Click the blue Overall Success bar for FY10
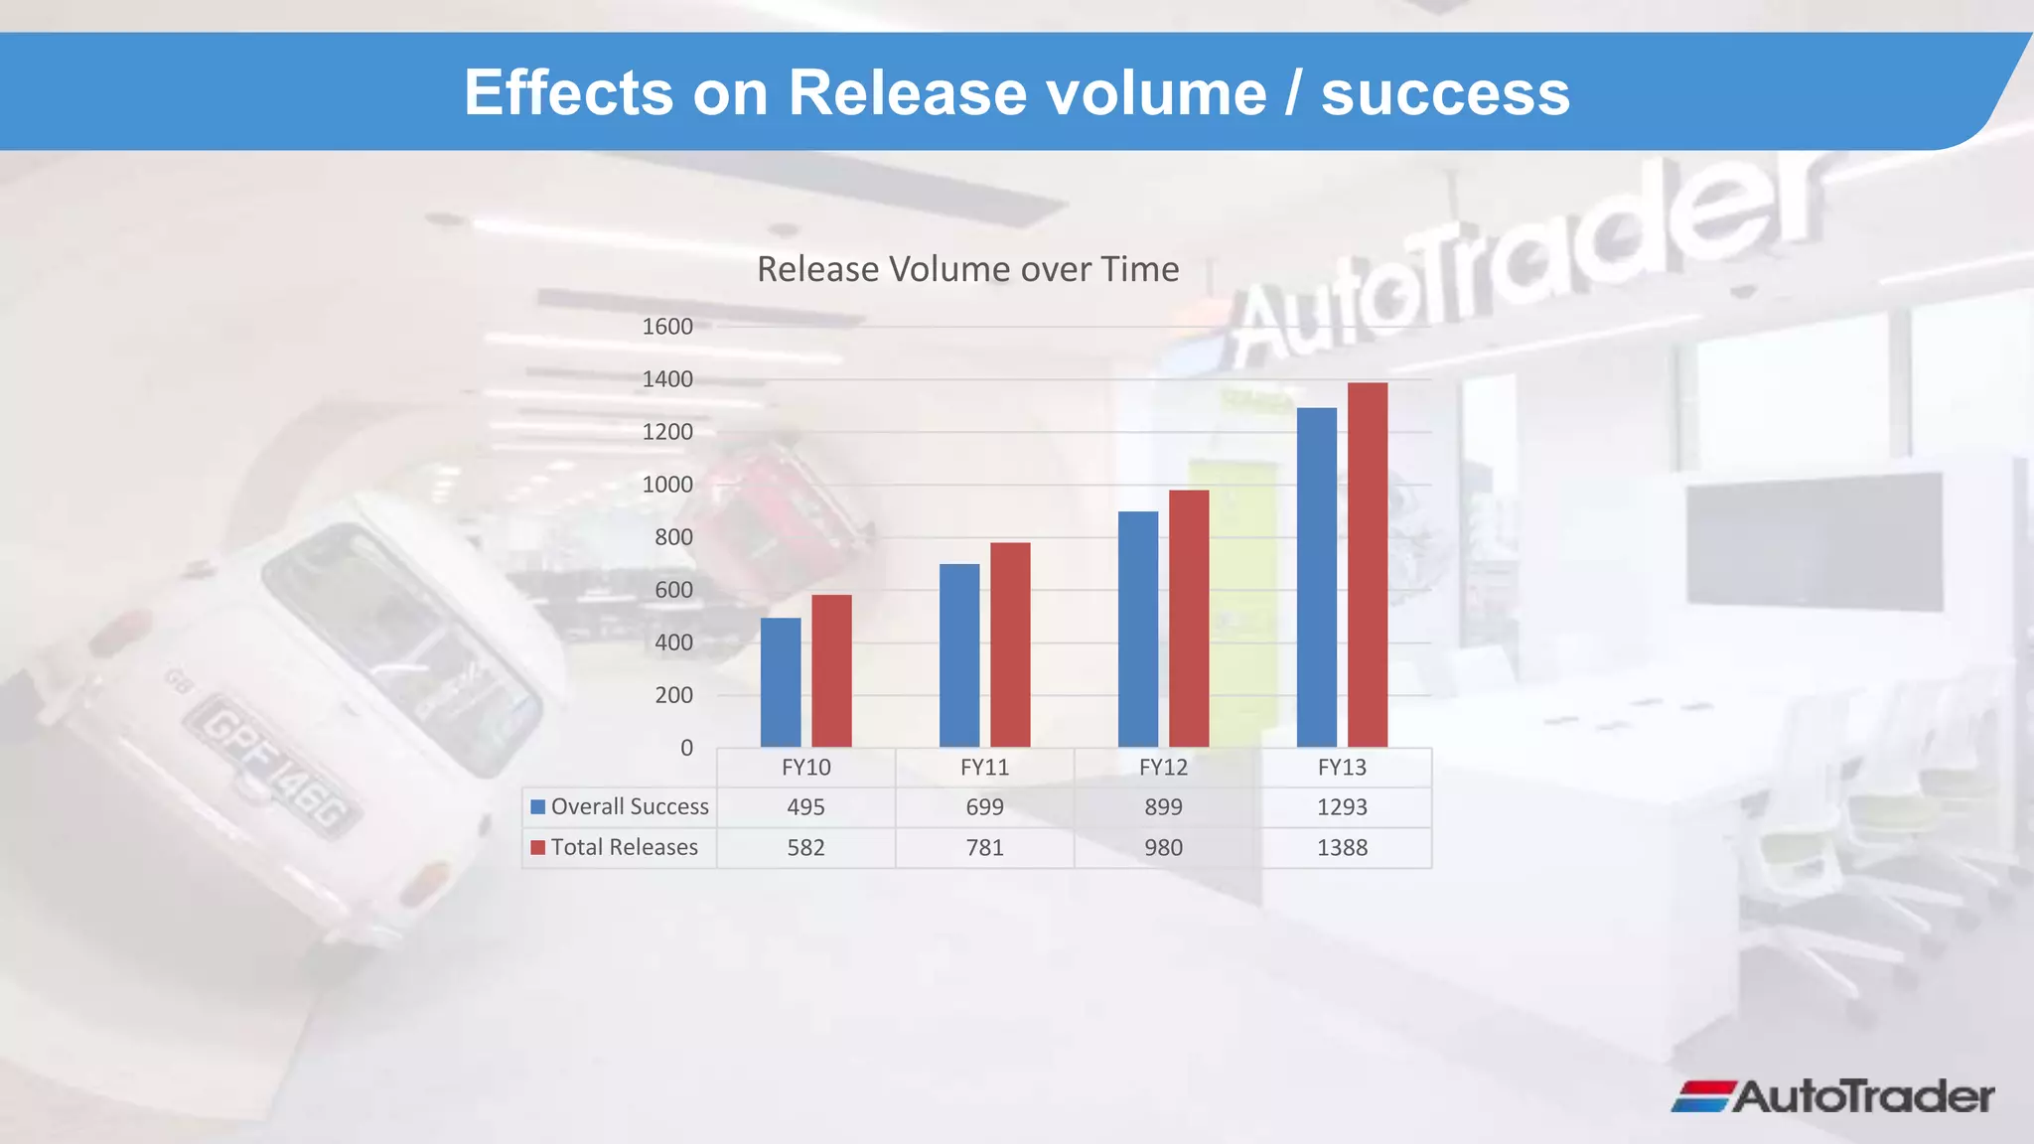pyautogui.click(x=781, y=682)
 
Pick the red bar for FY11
pyautogui.click(x=1010, y=644)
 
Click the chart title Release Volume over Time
pyautogui.click(x=967, y=269)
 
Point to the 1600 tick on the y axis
pyautogui.click(x=667, y=327)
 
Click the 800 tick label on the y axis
pyautogui.click(x=673, y=537)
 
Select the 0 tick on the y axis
pyautogui.click(x=686, y=748)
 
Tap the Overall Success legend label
pyautogui.click(x=630, y=806)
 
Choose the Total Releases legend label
pyautogui.click(x=624, y=847)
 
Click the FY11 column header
pyautogui.click(x=984, y=768)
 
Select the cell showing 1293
pyautogui.click(x=1342, y=807)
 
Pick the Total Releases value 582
pyautogui.click(x=805, y=848)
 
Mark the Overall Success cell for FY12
pyautogui.click(x=1163, y=807)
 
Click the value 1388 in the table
pyautogui.click(x=1342, y=848)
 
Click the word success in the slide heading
pyautogui.click(x=1445, y=93)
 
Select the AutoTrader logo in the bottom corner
pyautogui.click(x=1832, y=1096)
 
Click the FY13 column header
pyautogui.click(x=1342, y=768)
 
